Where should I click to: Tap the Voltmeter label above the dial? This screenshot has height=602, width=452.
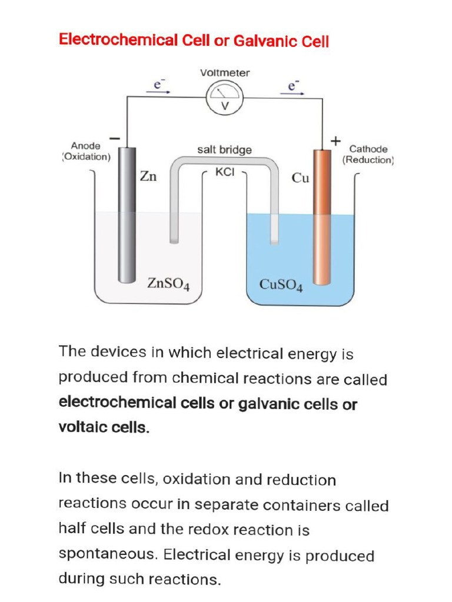[225, 73]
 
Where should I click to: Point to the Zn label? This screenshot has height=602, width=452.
[148, 176]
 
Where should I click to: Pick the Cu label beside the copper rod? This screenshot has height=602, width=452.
[300, 178]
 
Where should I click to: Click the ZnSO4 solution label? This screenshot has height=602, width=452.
[168, 284]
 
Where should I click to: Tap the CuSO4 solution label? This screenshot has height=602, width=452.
[281, 285]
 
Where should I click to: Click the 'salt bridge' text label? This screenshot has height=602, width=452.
[224, 150]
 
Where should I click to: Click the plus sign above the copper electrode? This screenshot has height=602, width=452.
[335, 141]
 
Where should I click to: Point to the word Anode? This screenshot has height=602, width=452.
[86, 146]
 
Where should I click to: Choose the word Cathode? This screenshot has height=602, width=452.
[368, 149]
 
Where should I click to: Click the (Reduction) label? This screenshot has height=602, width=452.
[368, 160]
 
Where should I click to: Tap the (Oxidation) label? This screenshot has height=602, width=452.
[86, 157]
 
